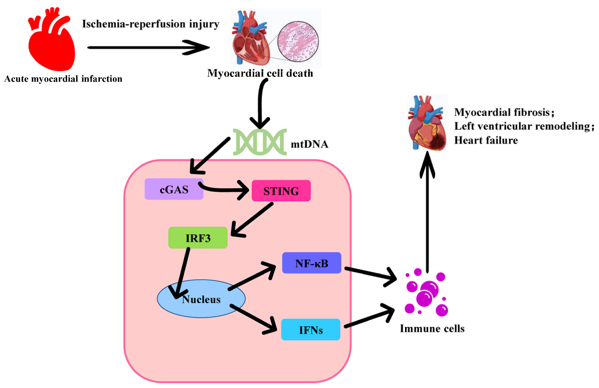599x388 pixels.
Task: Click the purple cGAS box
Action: click(x=174, y=189)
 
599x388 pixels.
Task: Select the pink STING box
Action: click(x=281, y=191)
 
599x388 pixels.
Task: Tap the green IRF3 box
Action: click(x=198, y=237)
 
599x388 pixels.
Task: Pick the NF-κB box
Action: click(x=311, y=263)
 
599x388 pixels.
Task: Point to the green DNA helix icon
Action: click(x=259, y=142)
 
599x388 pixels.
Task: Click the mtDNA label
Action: click(x=309, y=144)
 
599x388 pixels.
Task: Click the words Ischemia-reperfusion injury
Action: click(x=151, y=24)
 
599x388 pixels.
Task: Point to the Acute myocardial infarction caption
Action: click(x=63, y=79)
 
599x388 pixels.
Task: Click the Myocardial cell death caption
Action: click(x=260, y=73)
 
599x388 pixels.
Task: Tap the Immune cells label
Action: click(x=432, y=328)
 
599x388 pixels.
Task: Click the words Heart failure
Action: click(x=486, y=140)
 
